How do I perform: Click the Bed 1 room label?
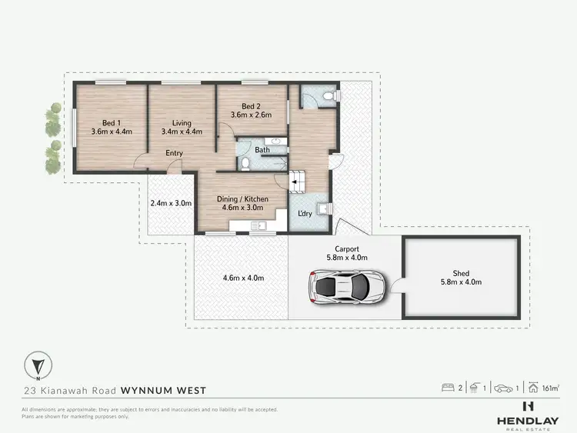tap(112, 126)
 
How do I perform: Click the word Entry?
tap(175, 153)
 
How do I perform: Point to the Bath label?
tap(262, 149)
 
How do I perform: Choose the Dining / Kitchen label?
tap(242, 204)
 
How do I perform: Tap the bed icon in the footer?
tap(448, 388)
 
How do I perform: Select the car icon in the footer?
tap(503, 388)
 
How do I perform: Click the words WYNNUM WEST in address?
tap(164, 390)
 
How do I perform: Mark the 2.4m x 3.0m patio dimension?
tap(171, 203)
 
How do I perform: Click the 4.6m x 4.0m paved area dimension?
tap(244, 277)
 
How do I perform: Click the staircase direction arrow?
tap(294, 182)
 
